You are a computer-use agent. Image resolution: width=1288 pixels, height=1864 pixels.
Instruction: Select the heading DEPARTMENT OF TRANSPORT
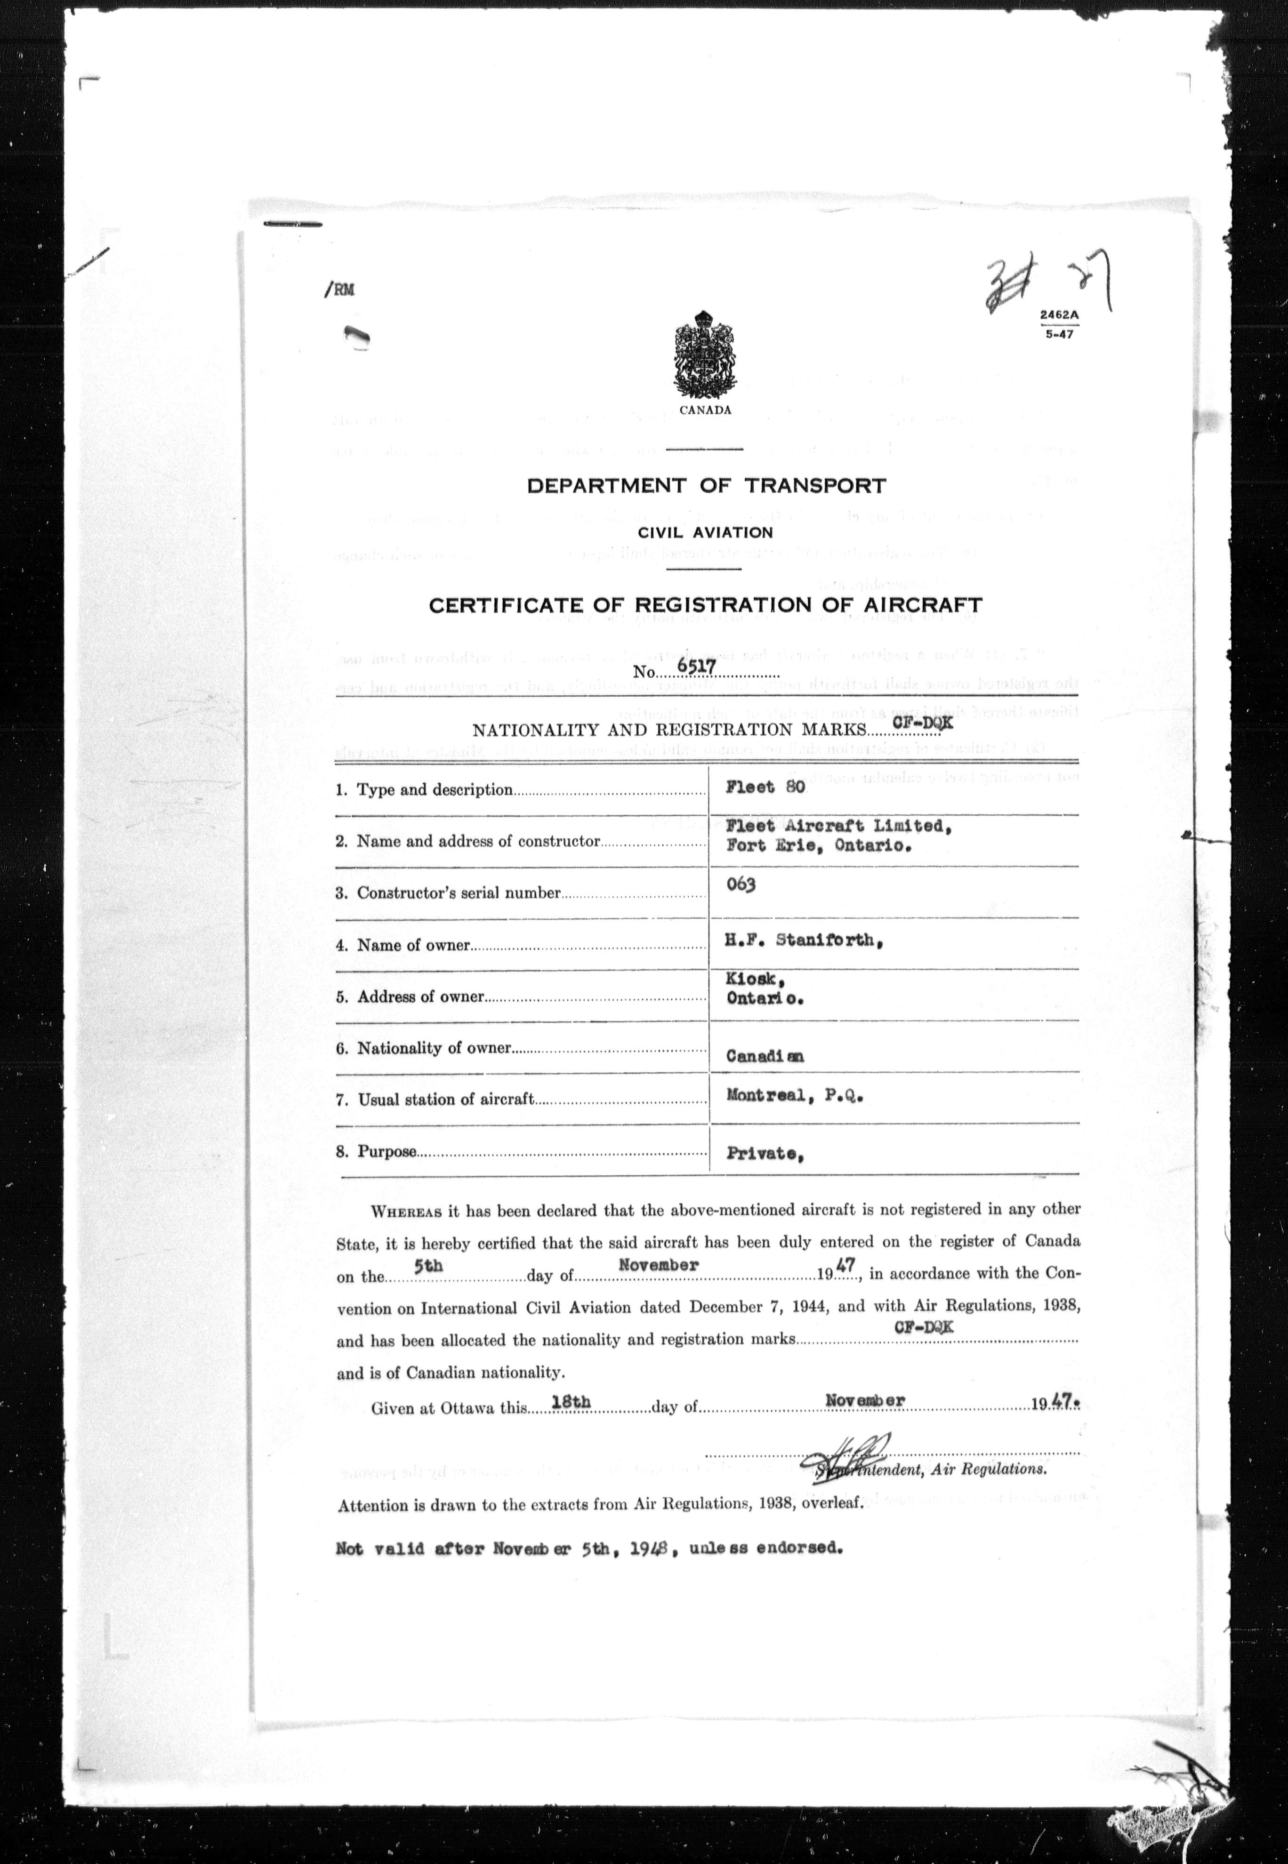pyautogui.click(x=706, y=486)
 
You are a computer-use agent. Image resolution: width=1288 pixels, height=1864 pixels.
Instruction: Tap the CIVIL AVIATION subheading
pyautogui.click(x=705, y=532)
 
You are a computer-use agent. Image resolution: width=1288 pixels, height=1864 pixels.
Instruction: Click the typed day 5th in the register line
pyautogui.click(x=428, y=1266)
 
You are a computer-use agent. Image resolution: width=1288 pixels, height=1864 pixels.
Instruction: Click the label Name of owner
pyautogui.click(x=413, y=945)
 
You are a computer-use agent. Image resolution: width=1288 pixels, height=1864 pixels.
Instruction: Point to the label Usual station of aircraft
pyautogui.click(x=445, y=1099)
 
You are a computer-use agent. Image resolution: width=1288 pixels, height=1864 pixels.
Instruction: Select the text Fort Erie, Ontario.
pyautogui.click(x=818, y=846)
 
